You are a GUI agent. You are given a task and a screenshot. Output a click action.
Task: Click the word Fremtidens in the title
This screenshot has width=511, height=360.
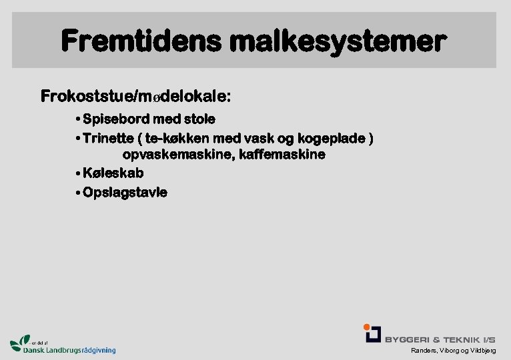tap(141, 42)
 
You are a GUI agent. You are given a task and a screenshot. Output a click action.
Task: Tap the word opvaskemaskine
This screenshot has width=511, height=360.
tap(177, 155)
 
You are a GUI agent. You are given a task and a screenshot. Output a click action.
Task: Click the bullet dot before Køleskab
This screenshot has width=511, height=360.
tap(79, 173)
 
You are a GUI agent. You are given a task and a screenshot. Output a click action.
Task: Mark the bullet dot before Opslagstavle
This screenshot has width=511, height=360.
tap(79, 193)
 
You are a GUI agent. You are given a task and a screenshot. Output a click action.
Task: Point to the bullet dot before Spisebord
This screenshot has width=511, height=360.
tap(79, 119)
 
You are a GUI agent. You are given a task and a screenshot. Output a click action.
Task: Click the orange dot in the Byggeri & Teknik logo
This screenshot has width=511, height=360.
tap(366, 327)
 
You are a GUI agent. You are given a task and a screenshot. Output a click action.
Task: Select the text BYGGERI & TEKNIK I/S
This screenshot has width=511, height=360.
tap(440, 339)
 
